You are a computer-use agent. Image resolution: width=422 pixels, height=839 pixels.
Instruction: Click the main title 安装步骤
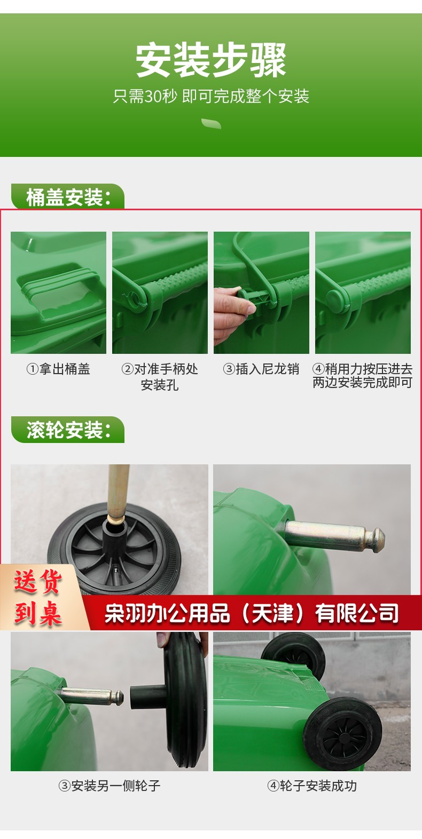pos(211,60)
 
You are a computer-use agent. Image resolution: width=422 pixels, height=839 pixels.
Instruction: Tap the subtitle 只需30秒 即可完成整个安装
pos(211,96)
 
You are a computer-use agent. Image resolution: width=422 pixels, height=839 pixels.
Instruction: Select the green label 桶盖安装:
pos(68,197)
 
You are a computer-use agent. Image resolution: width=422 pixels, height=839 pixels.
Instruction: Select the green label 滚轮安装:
pos(68,430)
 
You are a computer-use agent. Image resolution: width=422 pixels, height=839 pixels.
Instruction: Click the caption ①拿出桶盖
pos(58,369)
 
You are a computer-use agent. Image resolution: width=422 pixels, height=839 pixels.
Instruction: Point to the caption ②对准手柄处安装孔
pos(160,377)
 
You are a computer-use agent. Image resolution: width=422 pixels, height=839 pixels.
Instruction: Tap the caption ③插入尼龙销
pos(261,369)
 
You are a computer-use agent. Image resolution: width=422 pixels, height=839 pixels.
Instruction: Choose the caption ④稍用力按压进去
pos(362,369)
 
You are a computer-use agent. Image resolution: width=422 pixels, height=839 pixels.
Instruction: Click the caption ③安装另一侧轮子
pos(110,786)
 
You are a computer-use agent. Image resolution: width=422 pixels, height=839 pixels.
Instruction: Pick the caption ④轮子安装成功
pos(312,786)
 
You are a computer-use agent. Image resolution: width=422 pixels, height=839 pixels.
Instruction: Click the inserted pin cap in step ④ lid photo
pos(335,299)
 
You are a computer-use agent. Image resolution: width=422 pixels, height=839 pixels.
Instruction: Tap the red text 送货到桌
pos(37,598)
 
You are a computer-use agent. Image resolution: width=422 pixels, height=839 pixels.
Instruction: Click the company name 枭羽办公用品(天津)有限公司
pos(251,613)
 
